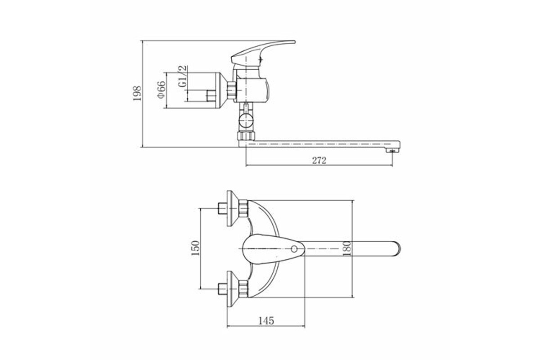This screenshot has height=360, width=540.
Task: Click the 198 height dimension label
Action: point(137,94)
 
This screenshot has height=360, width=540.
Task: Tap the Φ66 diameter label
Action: point(161,90)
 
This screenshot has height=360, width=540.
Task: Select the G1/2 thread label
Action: point(183,76)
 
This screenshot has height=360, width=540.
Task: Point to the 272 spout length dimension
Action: point(319,160)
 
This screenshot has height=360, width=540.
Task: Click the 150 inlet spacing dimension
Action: point(195,248)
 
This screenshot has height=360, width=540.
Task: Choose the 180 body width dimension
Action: point(346,248)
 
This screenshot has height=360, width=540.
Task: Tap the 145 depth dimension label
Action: point(266,321)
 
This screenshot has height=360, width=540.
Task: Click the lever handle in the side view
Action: point(263,54)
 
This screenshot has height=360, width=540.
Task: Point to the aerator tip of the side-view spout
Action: point(392,150)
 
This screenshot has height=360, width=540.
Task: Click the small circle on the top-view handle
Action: point(294,249)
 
